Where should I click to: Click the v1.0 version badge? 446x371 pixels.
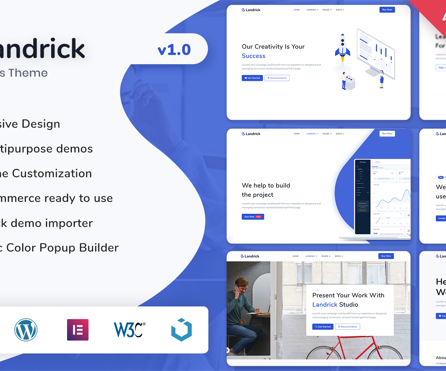(174, 50)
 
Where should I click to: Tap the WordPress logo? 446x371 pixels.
(26, 329)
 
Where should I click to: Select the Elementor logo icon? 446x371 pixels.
(78, 329)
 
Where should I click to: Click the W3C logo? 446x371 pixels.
(129, 329)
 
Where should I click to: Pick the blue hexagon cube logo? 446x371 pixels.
(182, 329)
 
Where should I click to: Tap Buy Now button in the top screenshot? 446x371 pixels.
(387, 10)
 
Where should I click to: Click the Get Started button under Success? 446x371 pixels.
(252, 78)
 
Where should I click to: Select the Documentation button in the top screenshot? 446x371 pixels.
(277, 78)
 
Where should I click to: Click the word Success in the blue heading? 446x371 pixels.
(253, 56)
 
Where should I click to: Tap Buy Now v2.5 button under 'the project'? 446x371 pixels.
(253, 217)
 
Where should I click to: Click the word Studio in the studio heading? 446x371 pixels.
(349, 305)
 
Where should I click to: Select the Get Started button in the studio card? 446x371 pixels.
(323, 326)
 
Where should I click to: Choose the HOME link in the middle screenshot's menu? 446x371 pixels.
(297, 134)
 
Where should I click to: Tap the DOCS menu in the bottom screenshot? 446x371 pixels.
(339, 256)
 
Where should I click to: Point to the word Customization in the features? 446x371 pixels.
(52, 173)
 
